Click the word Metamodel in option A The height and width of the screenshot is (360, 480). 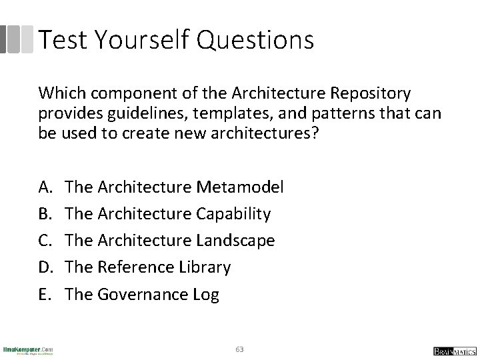click(241, 187)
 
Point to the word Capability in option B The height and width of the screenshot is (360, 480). click(234, 214)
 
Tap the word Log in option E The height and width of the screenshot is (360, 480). click(205, 295)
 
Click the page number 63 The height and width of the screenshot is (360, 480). click(240, 349)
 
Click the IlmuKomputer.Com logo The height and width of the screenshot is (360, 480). click(28, 349)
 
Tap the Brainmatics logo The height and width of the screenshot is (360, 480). click(453, 350)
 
